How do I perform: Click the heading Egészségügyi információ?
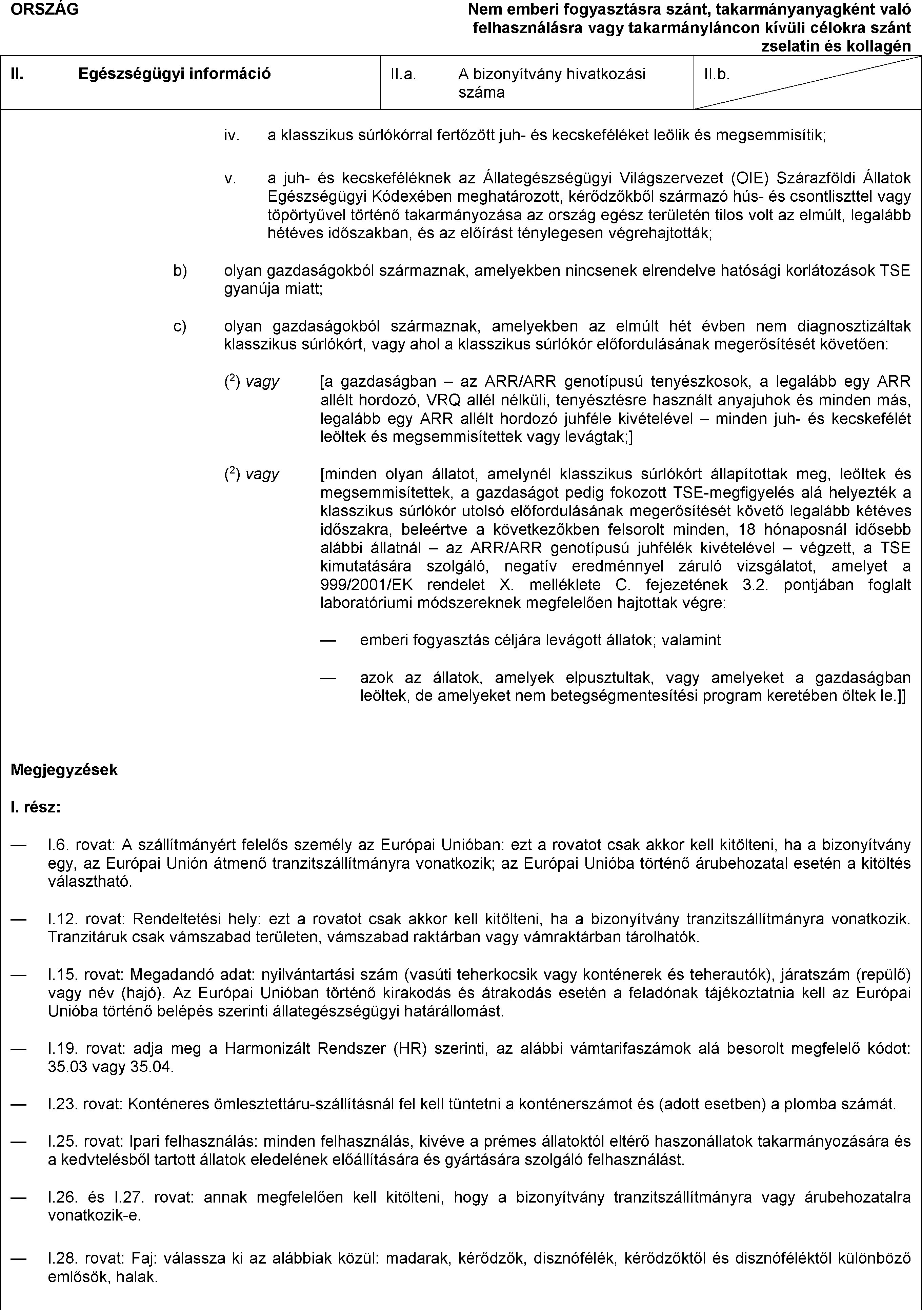[x=174, y=74]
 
